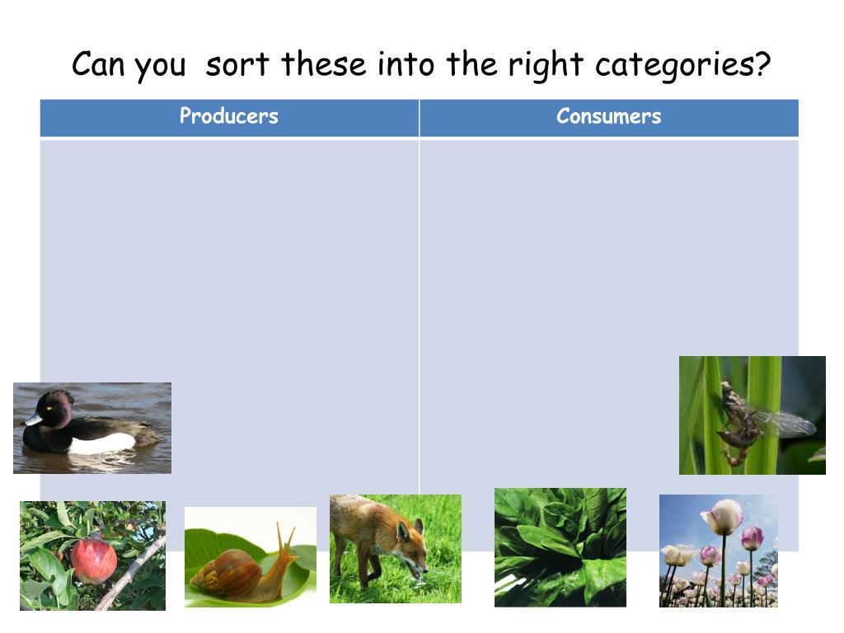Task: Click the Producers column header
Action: (229, 116)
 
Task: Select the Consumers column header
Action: (608, 116)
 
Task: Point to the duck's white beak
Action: (32, 420)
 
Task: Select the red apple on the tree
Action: (93, 560)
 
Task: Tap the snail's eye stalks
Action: (286, 539)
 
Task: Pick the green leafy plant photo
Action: (560, 547)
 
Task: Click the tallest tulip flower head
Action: (722, 517)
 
